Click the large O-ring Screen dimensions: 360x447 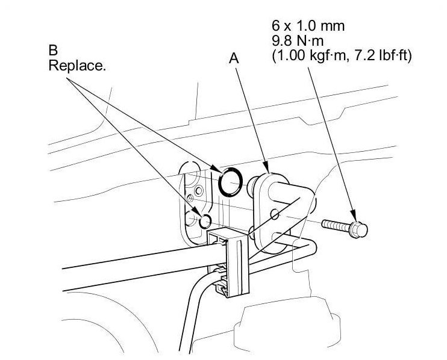(231, 181)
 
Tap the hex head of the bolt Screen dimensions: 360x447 (360, 227)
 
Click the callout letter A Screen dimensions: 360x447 (235, 58)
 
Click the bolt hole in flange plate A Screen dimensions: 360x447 (275, 214)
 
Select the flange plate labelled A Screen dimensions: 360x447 (265, 211)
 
